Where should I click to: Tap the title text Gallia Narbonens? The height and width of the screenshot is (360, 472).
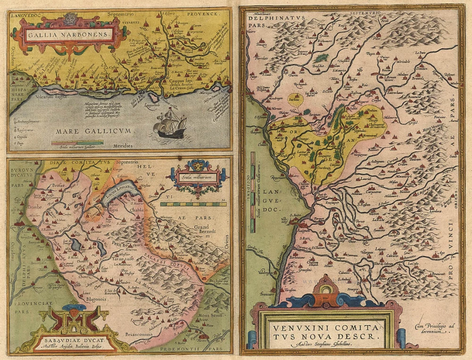click(x=68, y=35)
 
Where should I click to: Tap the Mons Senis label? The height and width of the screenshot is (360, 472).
click(x=209, y=315)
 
